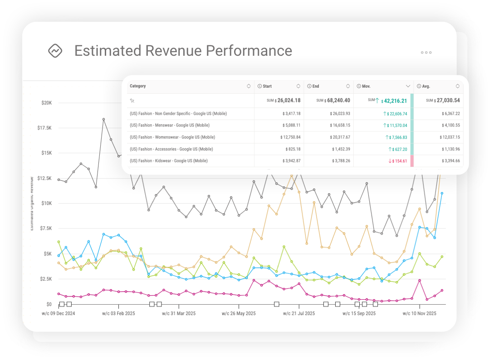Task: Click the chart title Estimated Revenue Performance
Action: point(183,51)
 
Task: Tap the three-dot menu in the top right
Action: point(426,53)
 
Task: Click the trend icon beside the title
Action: point(55,51)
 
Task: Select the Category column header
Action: point(138,86)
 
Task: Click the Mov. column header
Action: point(367,86)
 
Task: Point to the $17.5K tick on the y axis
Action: point(44,128)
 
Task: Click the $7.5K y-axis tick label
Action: point(46,229)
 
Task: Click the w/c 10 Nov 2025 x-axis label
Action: point(420,313)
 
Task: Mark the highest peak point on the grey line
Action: point(103,119)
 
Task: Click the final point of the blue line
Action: point(442,193)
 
